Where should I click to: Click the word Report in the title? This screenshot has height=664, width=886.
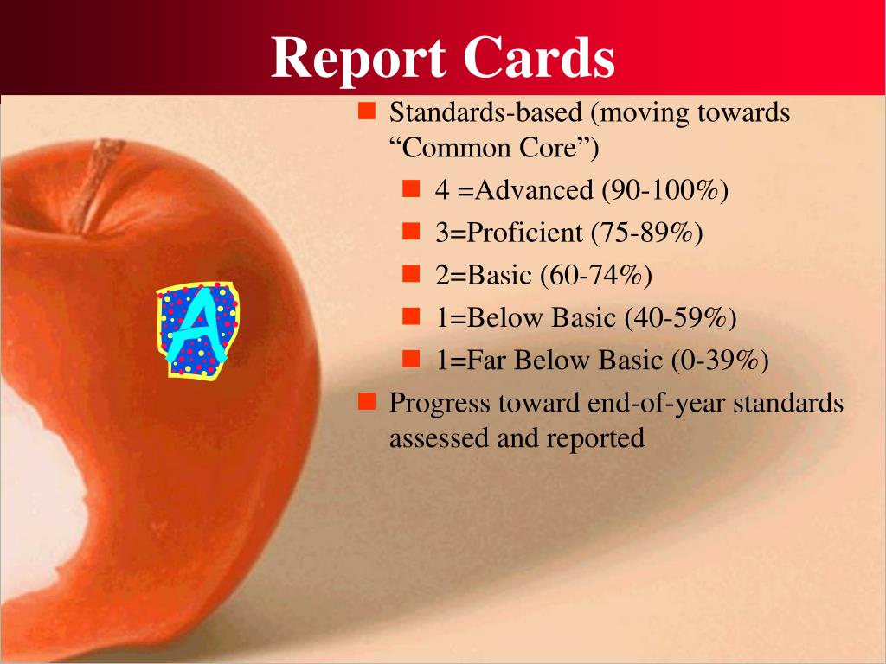[357, 59]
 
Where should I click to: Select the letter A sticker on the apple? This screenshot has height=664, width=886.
[198, 330]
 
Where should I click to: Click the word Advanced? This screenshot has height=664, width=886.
[534, 190]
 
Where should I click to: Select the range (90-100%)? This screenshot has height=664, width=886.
[665, 190]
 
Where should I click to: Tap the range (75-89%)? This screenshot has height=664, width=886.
[647, 233]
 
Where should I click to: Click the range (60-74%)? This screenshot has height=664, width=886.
[596, 275]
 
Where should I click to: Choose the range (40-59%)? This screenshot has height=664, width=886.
[681, 317]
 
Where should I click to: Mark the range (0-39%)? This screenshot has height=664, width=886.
[720, 361]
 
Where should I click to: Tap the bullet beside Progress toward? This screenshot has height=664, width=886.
[367, 401]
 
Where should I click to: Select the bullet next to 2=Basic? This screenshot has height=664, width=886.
[411, 274]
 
